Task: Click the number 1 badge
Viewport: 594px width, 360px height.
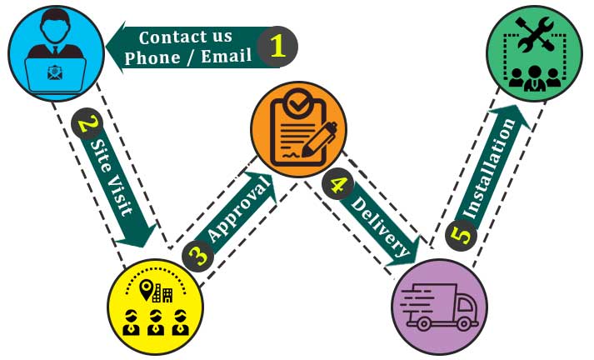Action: click(277, 47)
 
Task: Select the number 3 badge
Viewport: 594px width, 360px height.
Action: click(197, 254)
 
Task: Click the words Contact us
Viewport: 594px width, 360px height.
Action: click(185, 37)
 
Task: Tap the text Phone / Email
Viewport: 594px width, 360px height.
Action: click(188, 57)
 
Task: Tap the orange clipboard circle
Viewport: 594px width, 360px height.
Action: click(298, 129)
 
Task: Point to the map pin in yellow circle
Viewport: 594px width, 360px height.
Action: click(147, 289)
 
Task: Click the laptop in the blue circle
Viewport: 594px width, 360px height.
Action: click(55, 72)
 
